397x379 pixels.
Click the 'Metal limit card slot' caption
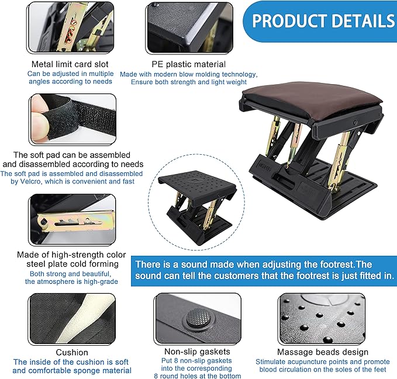tap(71, 64)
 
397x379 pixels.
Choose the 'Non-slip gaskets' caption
tap(188, 352)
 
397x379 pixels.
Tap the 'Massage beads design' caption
tap(322, 352)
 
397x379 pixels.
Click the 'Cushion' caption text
tap(72, 352)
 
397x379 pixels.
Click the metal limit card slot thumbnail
tap(71, 27)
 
